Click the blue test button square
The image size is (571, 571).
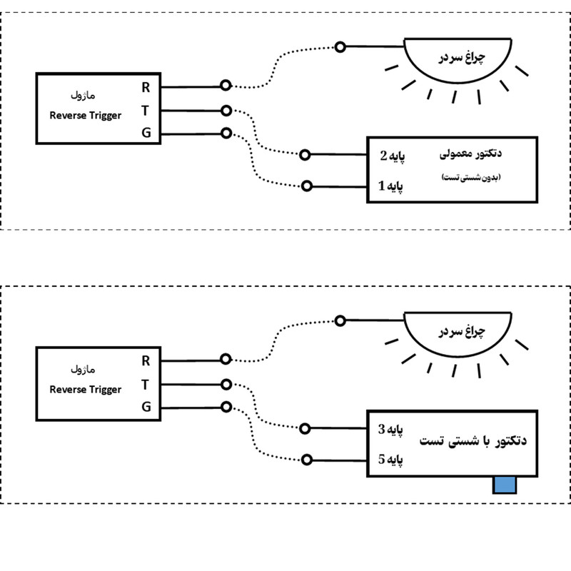[x=505, y=485]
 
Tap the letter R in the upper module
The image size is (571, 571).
[x=146, y=87]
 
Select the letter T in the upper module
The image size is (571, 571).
[x=146, y=111]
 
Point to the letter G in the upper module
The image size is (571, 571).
[x=146, y=133]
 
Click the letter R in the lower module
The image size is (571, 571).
[x=146, y=361]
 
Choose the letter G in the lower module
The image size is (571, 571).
[x=146, y=406]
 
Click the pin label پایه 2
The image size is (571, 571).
[x=392, y=156]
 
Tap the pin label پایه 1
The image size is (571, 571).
[x=390, y=186]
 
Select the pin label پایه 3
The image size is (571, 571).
[x=390, y=430]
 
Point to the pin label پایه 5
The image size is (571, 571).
[x=390, y=460]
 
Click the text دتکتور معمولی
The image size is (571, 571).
[x=470, y=153]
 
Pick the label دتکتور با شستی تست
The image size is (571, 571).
[x=473, y=440]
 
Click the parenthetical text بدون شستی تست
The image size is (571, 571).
[x=471, y=177]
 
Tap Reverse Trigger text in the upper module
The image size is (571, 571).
[x=85, y=116]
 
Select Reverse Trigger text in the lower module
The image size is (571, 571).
[x=85, y=390]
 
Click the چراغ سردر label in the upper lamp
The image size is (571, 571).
[x=462, y=58]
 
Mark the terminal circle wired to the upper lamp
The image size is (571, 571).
[x=340, y=46]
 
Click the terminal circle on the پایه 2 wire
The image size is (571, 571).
[x=305, y=155]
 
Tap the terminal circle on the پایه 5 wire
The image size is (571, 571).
[x=307, y=460]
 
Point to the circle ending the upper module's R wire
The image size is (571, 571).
[x=226, y=85]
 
